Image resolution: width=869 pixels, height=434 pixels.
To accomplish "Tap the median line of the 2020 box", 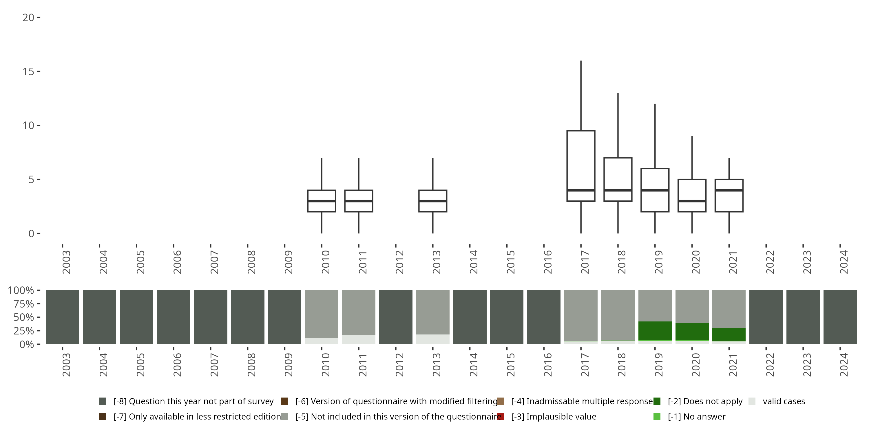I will click(x=692, y=201).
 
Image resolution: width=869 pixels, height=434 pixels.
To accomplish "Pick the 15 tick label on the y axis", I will click(x=28, y=71).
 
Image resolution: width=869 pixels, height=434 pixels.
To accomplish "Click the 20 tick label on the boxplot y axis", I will click(x=28, y=18).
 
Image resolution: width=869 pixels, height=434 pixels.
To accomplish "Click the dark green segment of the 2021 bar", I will click(x=729, y=334).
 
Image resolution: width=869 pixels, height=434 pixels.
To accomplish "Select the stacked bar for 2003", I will click(x=62, y=317).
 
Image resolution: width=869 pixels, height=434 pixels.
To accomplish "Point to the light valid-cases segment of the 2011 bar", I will click(x=359, y=339).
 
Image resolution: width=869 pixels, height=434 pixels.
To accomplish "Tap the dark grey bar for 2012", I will click(x=396, y=317).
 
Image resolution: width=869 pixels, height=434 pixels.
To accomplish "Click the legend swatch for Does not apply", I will click(x=657, y=401).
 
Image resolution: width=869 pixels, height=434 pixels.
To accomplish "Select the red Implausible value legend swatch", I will click(x=500, y=416).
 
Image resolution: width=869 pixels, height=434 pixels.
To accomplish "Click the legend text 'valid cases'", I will click(x=784, y=401).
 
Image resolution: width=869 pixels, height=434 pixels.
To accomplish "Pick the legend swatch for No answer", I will click(x=657, y=416).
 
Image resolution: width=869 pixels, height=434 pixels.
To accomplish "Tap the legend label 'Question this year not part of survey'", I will click(x=193, y=401).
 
